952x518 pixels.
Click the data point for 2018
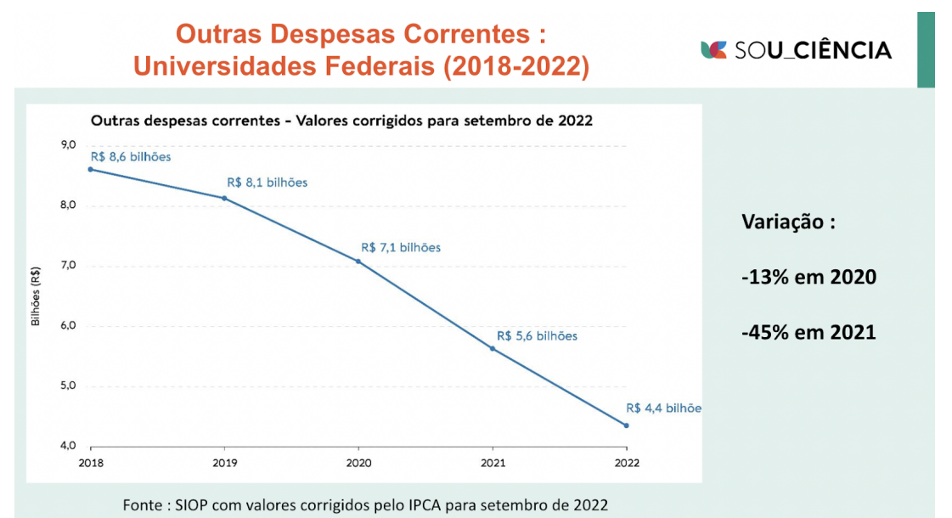point(91,169)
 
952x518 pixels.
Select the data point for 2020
point(358,262)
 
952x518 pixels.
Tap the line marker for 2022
point(626,425)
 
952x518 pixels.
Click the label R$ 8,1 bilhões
point(267,183)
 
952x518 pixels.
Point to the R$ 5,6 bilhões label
point(537,336)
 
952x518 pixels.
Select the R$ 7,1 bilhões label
point(401,248)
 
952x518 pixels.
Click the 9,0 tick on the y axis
point(69,145)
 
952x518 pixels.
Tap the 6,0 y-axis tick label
point(69,326)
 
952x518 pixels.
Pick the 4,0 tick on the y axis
point(69,446)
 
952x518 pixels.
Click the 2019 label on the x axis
point(224,464)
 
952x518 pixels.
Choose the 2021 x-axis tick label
point(493,464)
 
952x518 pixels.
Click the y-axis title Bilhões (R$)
point(36,296)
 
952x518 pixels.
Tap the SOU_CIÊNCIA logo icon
point(713,50)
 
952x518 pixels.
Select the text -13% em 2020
point(808,278)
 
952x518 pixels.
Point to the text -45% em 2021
point(808,332)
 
